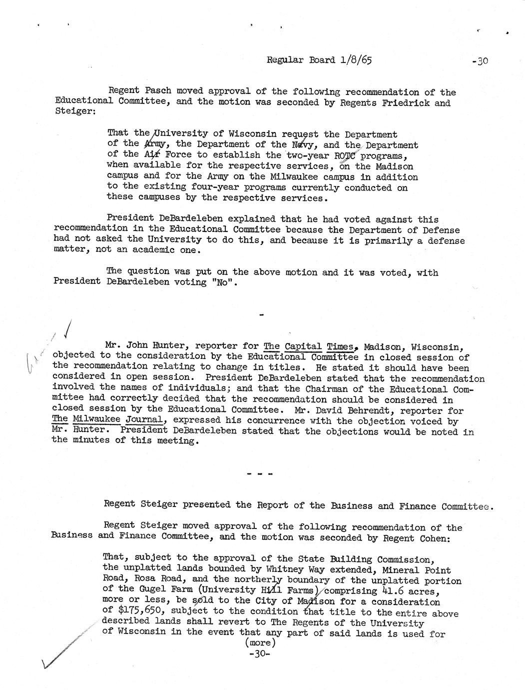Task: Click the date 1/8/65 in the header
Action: (x=356, y=60)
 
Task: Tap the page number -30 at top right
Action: (x=479, y=61)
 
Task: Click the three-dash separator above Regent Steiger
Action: (x=260, y=473)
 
